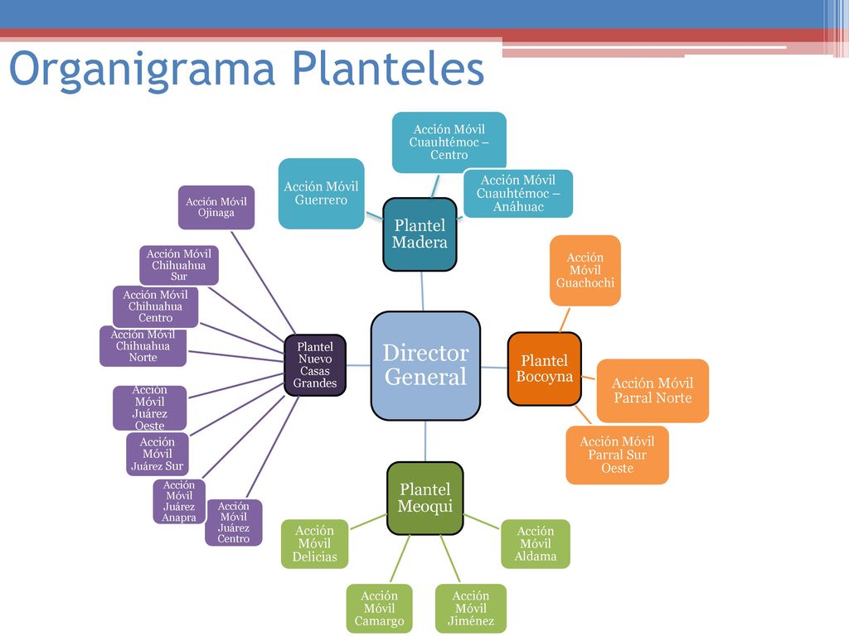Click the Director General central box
pos(425,365)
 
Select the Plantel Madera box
pos(420,234)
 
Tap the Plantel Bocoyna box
pos(544,369)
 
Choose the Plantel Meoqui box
pos(425,498)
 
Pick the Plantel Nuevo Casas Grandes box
pos(315,365)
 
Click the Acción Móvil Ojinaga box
pos(216,208)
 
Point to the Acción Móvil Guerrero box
pos(321,194)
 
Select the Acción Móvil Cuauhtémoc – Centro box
pos(449,142)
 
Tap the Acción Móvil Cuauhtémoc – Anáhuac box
pos(518,194)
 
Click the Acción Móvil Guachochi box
pos(585,271)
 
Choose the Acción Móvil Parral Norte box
pos(653,391)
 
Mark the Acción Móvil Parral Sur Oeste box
pos(617,455)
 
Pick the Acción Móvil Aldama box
pos(536,544)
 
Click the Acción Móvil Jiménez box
pos(471,609)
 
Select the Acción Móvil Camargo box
pos(379,609)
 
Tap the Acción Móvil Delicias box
pos(314,544)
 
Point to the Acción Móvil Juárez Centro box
pos(233,523)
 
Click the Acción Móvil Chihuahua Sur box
pos(179,266)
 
